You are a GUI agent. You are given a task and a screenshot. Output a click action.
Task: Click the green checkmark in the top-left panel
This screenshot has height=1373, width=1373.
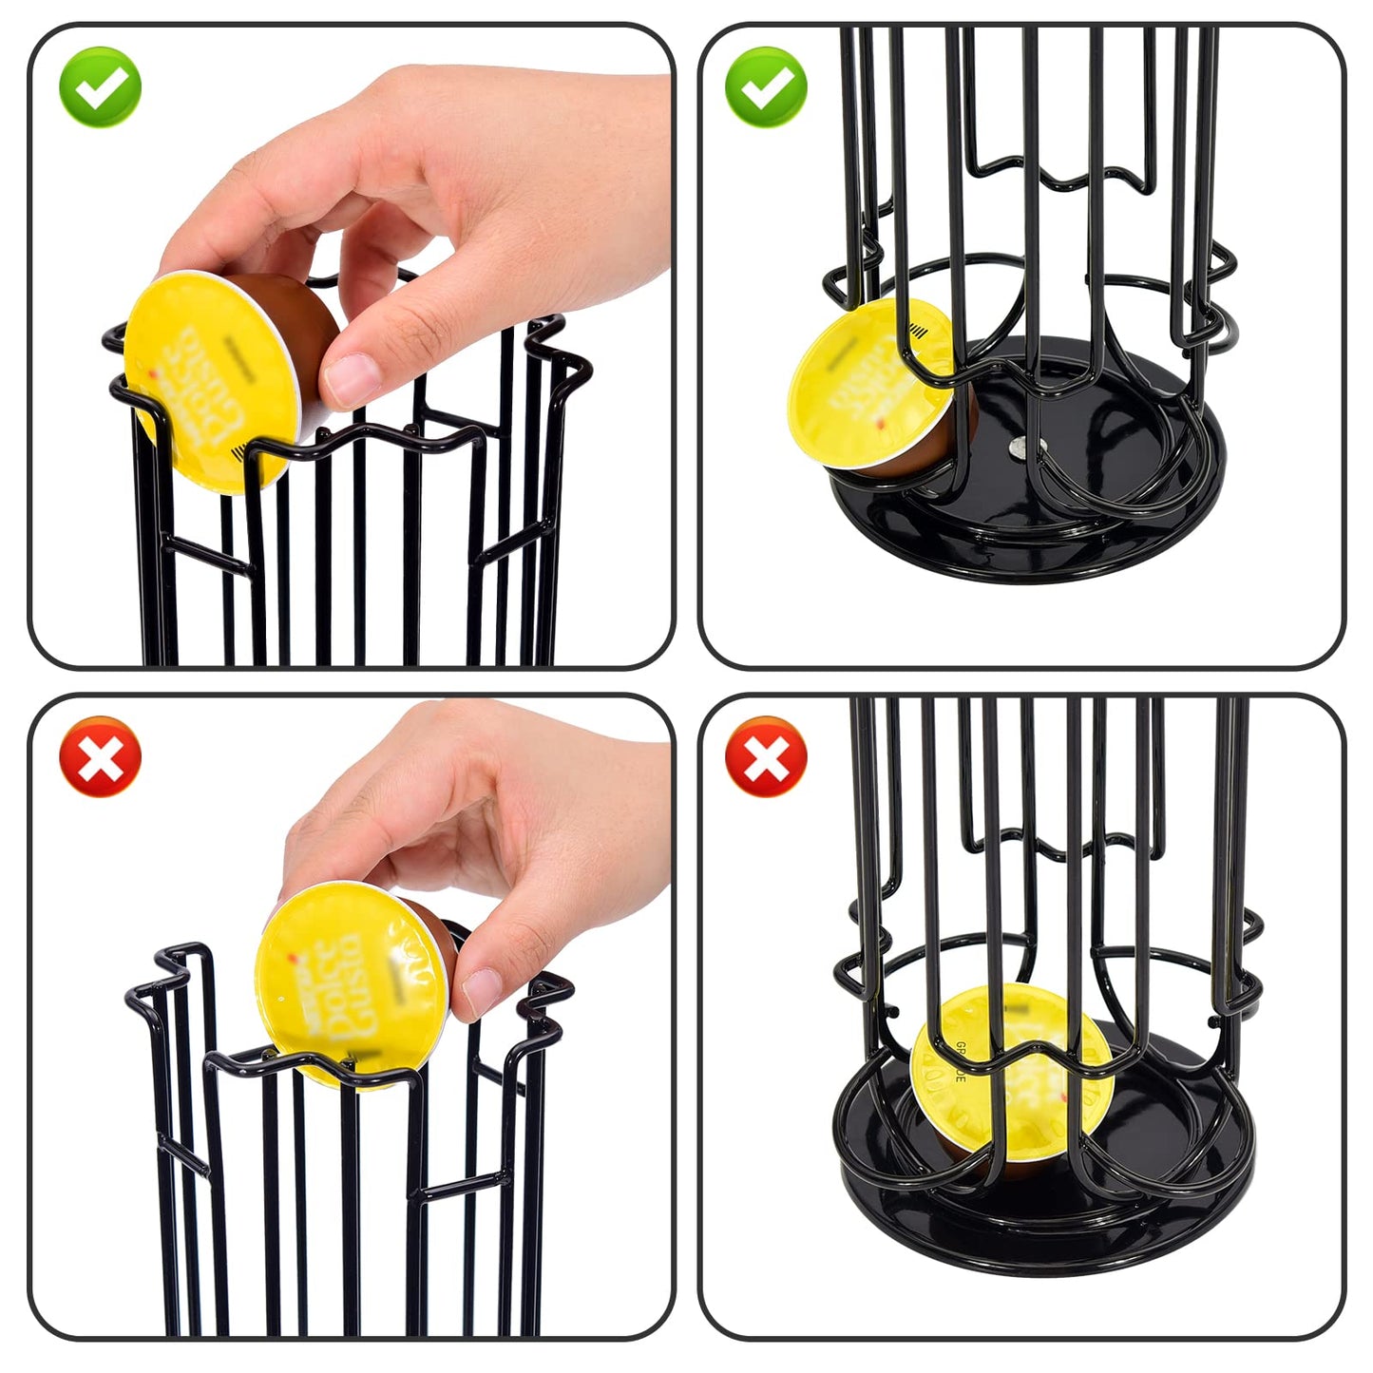pos(100,86)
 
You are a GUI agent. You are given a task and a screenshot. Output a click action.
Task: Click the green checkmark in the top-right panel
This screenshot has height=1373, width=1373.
pos(766,86)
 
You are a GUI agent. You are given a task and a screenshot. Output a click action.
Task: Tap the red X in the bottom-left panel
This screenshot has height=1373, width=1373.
pos(100,756)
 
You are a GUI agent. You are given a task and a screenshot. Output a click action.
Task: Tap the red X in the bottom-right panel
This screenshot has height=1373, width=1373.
pos(766,756)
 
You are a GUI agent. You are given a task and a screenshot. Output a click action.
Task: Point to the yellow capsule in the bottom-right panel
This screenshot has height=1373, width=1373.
pos(1012,1074)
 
